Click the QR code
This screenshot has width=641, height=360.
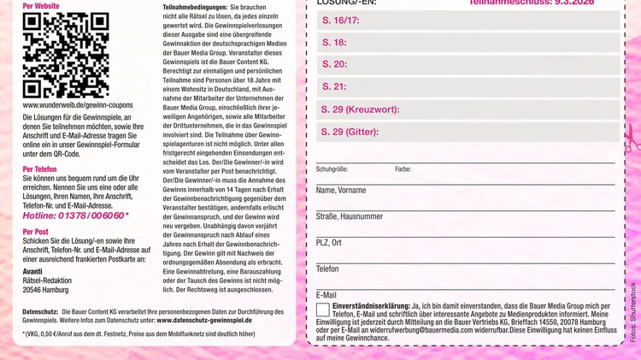pos(54,56)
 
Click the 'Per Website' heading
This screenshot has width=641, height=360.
pos(41,6)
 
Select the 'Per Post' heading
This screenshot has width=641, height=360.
pos(36,232)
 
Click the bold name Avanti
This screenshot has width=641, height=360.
pos(32,271)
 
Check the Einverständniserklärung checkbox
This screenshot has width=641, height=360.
pos(322,310)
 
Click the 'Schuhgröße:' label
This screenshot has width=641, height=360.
pos(332,169)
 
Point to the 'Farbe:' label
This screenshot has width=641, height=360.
pos(403,169)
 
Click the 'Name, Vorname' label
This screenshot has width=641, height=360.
pos(341,191)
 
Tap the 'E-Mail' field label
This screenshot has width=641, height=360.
pos(326,295)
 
